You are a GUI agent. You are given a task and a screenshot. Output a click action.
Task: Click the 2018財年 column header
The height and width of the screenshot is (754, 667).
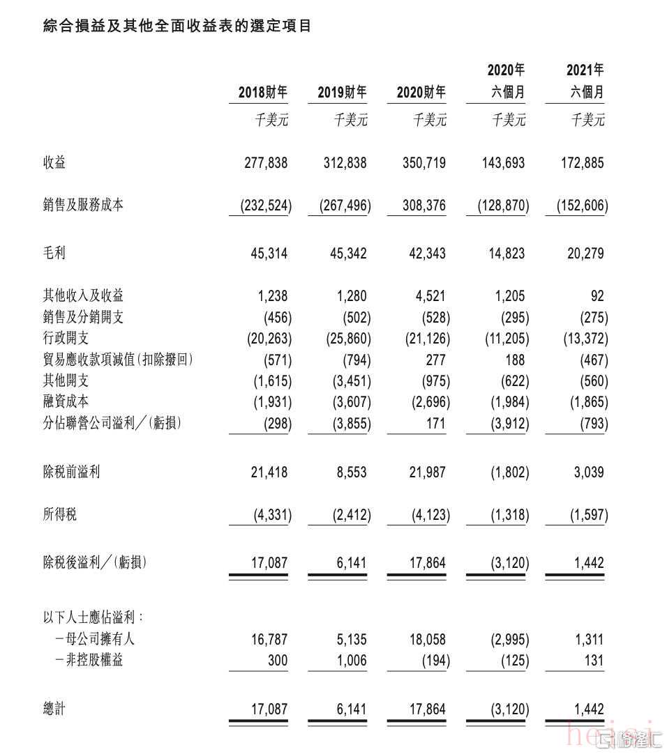pyautogui.click(x=262, y=92)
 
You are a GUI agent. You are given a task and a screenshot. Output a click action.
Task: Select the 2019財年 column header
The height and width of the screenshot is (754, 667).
pyautogui.click(x=341, y=92)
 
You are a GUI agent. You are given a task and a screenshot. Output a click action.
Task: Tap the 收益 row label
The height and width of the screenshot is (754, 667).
pyautogui.click(x=54, y=163)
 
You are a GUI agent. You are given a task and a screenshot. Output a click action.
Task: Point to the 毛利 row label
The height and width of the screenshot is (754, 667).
pyautogui.click(x=54, y=254)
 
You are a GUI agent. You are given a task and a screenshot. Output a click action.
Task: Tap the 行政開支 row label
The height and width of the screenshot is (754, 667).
pyautogui.click(x=66, y=339)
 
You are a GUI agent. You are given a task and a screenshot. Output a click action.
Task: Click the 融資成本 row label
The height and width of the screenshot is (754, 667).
pyautogui.click(x=66, y=401)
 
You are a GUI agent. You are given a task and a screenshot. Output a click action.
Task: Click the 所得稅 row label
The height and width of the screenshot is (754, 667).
pyautogui.click(x=60, y=515)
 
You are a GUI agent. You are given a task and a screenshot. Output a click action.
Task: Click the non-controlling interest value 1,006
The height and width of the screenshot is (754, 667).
pyautogui.click(x=350, y=660)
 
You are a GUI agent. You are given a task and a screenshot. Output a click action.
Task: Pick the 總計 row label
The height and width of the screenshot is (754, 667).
pyautogui.click(x=54, y=709)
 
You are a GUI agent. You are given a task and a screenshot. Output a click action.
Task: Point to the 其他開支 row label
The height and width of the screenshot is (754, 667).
pyautogui.click(x=66, y=380)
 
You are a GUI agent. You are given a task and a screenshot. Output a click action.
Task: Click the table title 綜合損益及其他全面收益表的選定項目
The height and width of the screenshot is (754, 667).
pyautogui.click(x=177, y=26)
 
